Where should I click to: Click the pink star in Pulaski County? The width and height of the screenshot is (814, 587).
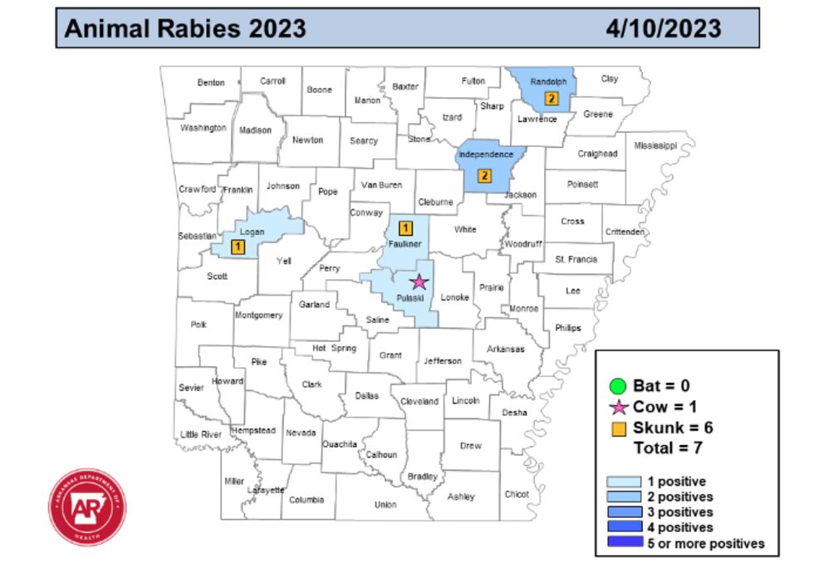click(x=419, y=282)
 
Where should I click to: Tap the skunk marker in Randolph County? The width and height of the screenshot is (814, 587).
click(x=552, y=99)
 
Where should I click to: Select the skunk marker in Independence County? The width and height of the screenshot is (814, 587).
click(x=484, y=176)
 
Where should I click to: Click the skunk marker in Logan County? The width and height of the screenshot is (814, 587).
click(x=238, y=247)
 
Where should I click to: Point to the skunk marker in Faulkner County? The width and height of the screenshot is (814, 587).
click(x=406, y=228)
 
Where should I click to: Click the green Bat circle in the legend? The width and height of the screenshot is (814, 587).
click(x=617, y=386)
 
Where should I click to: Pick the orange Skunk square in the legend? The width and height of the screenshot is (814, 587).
click(x=618, y=429)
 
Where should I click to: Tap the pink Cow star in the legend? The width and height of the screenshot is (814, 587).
click(x=618, y=408)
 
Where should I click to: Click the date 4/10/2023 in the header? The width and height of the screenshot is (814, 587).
click(x=663, y=29)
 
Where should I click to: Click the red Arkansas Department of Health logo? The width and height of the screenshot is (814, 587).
click(x=87, y=507)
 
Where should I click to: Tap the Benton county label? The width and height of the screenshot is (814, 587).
click(x=211, y=83)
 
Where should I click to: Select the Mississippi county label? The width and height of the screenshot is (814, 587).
click(x=655, y=146)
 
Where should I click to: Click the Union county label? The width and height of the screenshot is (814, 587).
click(x=385, y=505)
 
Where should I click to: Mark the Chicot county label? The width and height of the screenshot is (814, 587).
click(x=517, y=495)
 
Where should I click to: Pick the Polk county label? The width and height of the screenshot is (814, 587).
click(x=199, y=325)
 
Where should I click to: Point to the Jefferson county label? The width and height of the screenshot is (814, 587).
click(x=443, y=361)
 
